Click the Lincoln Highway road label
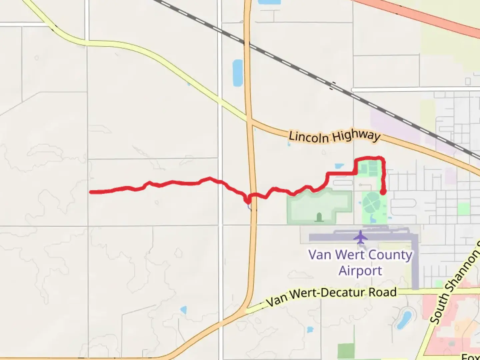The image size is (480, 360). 334,136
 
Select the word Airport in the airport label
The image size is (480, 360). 360,271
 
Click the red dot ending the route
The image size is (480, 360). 383,192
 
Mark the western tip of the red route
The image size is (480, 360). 91,192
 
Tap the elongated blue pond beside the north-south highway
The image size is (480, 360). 238,73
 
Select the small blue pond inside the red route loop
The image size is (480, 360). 339,166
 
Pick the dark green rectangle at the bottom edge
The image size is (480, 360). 346,351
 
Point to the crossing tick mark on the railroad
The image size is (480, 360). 332,86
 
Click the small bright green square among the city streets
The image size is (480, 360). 463,209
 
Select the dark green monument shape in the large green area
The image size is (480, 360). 319,217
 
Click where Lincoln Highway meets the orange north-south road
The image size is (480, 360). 249,121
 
